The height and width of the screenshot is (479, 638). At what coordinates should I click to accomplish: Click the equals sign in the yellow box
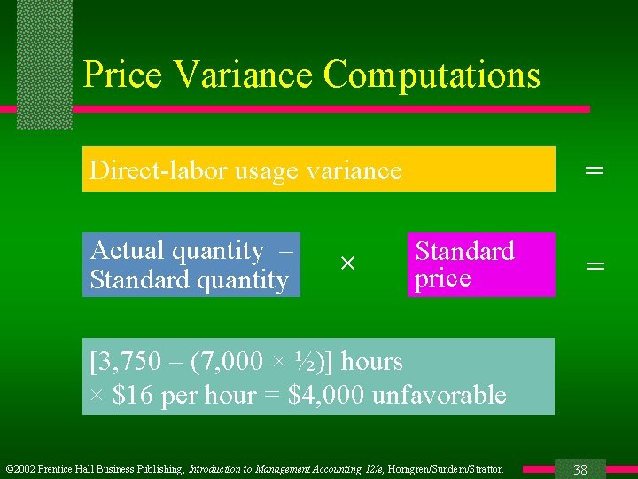(595, 169)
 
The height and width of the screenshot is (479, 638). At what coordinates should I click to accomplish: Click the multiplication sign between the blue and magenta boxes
(347, 264)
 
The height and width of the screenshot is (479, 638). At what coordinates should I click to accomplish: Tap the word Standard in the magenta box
(464, 251)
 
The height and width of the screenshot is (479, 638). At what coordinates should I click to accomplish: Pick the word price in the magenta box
(442, 279)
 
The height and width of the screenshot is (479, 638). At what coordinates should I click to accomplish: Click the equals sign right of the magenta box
(595, 265)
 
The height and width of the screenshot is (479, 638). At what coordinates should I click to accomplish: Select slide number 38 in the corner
(580, 469)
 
